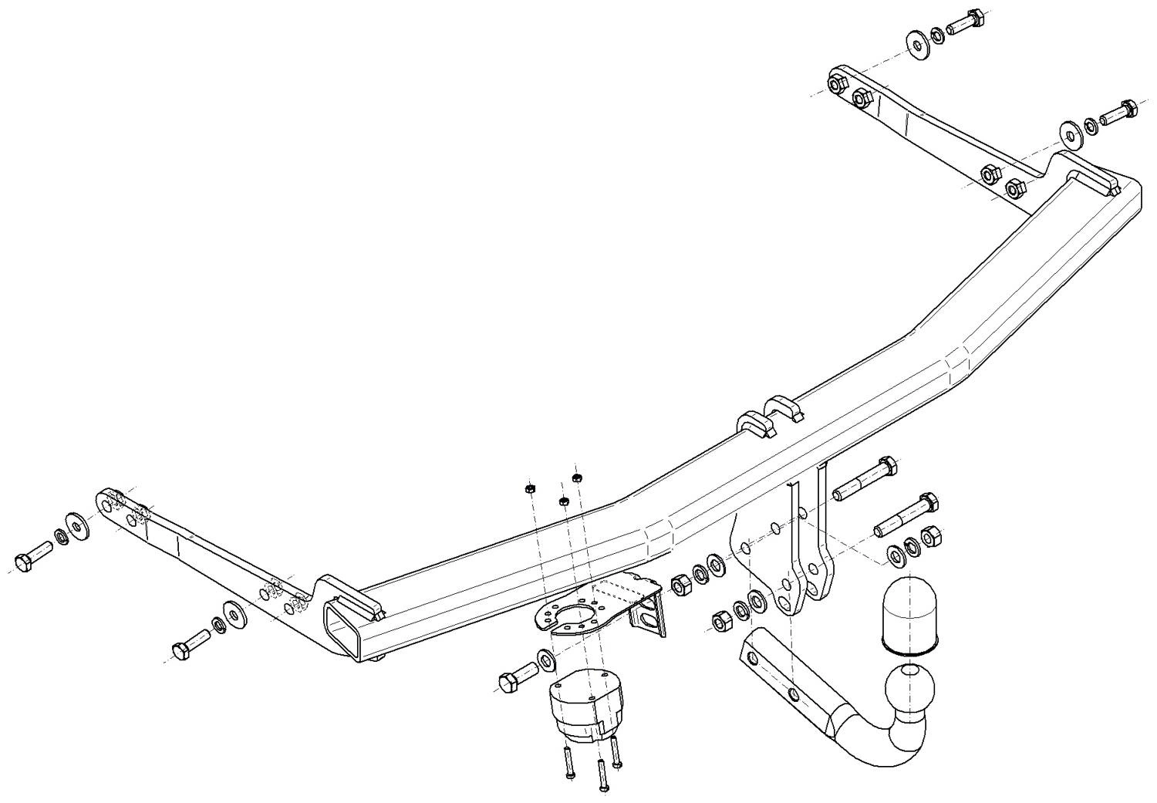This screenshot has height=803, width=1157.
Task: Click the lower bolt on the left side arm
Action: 192,645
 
